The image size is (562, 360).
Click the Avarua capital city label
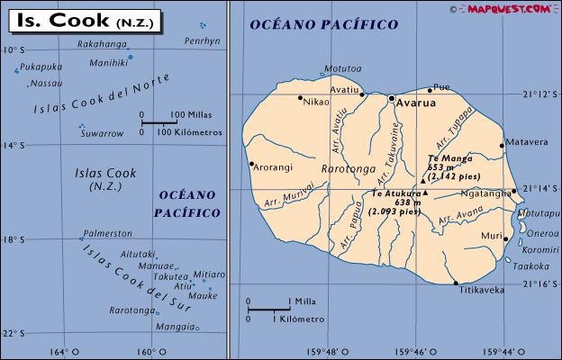(417, 103)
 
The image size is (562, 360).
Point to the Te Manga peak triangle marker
(423, 180)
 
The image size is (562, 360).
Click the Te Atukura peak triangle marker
(426, 193)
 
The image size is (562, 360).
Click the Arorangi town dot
(251, 164)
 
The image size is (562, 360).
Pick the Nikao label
(316, 102)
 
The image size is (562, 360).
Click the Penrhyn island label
(202, 41)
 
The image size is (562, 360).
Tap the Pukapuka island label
(41, 67)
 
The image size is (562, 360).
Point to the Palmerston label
(107, 233)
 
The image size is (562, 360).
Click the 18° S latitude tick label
(13, 239)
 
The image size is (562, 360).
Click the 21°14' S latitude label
(542, 188)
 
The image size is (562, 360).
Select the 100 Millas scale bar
(159, 121)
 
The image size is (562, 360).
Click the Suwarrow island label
(101, 133)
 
